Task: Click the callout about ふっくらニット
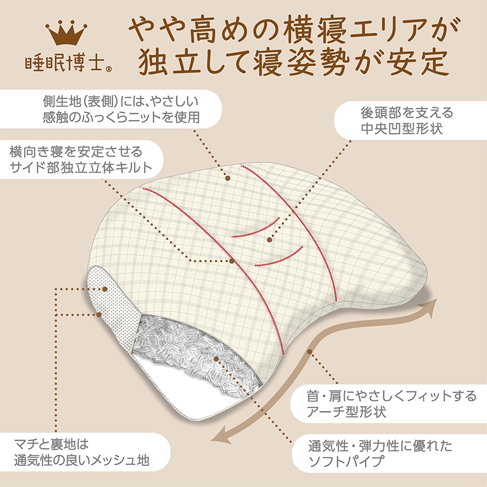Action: click(115, 108)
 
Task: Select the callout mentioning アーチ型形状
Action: click(390, 405)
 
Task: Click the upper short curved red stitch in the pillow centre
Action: click(256, 229)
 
